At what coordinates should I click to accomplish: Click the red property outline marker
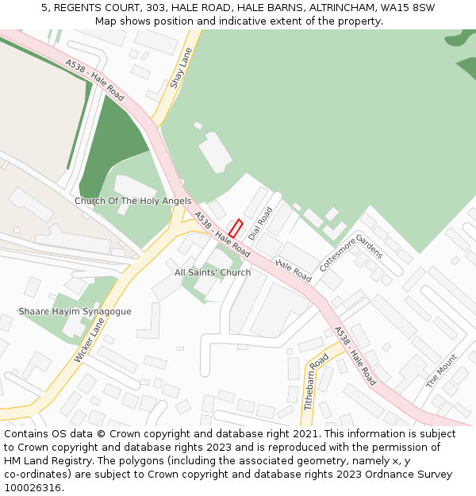[x=236, y=228]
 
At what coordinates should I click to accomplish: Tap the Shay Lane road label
[x=182, y=68]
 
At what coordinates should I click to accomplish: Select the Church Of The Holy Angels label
[x=132, y=201]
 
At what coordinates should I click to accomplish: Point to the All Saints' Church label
[x=213, y=272]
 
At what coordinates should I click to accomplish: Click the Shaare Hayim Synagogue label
[x=75, y=311]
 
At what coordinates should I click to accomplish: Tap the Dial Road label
[x=260, y=224]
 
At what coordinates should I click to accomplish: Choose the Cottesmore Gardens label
[x=351, y=253]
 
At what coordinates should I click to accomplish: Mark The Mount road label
[x=442, y=371]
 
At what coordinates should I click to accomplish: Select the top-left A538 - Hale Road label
[x=95, y=79]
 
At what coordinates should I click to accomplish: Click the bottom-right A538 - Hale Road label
[x=355, y=356]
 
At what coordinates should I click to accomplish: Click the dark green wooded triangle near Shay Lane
[x=111, y=147]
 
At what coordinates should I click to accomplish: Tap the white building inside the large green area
[x=214, y=153]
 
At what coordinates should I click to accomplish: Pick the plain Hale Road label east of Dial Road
[x=294, y=270]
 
